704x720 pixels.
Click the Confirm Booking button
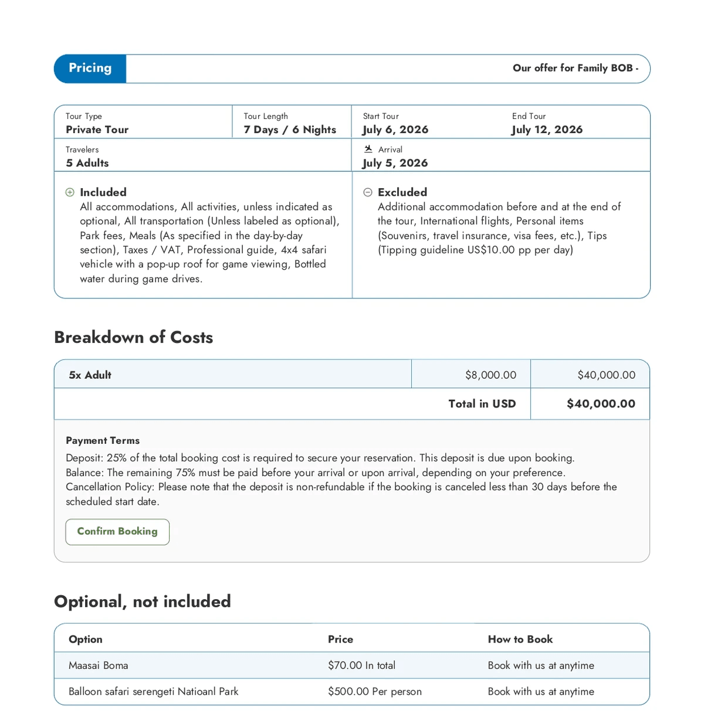[117, 532]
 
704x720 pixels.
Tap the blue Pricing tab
[90, 69]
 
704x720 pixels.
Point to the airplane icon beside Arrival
[368, 149]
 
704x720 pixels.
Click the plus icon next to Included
[70, 192]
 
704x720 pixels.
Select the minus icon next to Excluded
[368, 192]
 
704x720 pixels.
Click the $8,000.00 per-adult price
[490, 375]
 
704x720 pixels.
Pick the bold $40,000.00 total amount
[601, 403]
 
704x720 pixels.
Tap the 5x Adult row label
[90, 375]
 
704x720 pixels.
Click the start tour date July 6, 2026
[395, 130]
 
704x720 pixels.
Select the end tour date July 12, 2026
[547, 130]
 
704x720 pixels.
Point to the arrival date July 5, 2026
[395, 163]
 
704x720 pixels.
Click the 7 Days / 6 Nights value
[290, 130]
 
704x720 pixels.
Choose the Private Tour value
[97, 130]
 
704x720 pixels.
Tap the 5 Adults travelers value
[87, 163]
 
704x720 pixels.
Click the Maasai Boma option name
[98, 665]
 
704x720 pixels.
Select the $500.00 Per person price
[374, 691]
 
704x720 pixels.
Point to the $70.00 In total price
[361, 665]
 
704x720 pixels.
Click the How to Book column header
[520, 639]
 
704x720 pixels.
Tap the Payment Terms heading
[103, 440]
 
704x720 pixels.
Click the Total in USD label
[482, 403]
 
